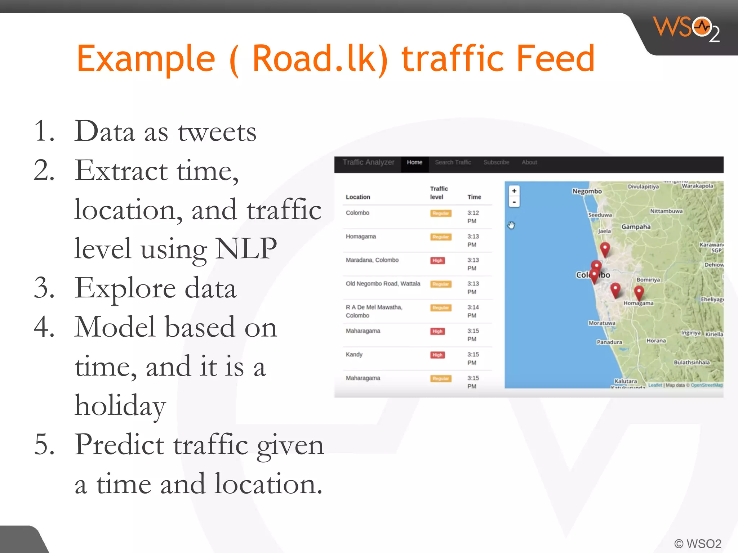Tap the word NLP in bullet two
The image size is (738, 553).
246,248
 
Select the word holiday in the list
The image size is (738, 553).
120,405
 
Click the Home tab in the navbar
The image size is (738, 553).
414,162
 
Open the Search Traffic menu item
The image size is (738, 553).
453,162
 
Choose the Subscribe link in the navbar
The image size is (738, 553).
496,162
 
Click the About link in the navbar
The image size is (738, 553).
529,162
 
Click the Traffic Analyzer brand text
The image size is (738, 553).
368,162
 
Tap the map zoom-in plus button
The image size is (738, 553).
514,191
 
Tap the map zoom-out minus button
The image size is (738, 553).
514,202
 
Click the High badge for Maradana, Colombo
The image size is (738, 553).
437,260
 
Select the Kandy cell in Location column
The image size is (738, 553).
354,355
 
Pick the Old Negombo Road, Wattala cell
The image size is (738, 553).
383,284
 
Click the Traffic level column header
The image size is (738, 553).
439,193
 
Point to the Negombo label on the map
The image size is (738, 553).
587,191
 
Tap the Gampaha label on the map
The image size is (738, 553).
636,227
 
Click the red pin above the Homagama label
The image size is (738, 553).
639,292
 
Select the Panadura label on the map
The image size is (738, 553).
609,342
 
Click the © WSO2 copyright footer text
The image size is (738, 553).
698,543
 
